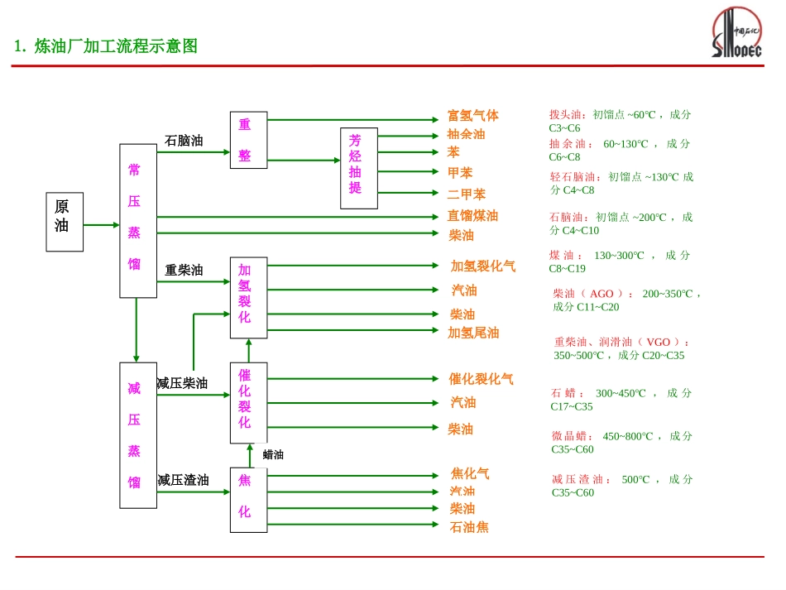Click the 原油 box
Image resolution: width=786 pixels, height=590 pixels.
65,222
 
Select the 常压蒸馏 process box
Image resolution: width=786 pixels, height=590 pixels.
137,220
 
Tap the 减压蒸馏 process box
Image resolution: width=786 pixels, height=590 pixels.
137,434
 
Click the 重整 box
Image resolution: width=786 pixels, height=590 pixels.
248,140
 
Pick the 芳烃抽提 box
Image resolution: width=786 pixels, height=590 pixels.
358,168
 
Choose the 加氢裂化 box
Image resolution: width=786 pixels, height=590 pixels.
248,297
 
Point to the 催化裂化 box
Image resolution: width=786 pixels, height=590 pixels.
248,402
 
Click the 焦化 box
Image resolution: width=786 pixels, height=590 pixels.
248,499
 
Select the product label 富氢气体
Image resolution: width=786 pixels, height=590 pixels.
472,116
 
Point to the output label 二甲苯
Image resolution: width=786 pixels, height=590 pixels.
466,194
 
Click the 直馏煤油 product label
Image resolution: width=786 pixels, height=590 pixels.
472,216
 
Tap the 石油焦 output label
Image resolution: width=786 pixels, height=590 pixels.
469,527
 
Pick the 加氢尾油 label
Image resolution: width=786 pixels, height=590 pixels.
473,333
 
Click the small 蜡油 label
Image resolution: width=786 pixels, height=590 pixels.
273,454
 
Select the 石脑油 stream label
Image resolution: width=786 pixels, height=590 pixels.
184,141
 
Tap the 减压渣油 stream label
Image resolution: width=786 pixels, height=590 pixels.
183,480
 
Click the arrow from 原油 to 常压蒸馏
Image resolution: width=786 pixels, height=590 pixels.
101,224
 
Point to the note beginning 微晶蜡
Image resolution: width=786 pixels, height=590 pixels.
621,442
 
